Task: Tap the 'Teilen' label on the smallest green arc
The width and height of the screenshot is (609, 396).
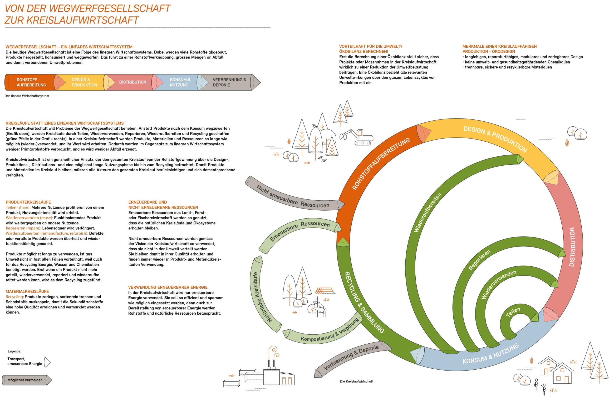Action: (513, 312)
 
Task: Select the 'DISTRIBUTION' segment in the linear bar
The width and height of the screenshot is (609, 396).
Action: (133, 82)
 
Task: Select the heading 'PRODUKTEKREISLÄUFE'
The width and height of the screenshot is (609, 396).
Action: (28, 202)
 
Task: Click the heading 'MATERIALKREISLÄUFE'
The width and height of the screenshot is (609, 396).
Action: (27, 291)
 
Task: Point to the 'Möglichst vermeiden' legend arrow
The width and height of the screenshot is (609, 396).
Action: (27, 380)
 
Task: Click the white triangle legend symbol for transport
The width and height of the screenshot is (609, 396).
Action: (47, 362)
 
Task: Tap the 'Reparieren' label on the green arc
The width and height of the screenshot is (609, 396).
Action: (479, 260)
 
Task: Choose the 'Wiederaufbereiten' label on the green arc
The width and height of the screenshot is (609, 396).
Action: (427, 213)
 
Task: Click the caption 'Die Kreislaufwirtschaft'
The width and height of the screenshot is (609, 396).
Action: (356, 381)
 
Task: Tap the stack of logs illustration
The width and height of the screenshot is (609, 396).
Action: (324, 291)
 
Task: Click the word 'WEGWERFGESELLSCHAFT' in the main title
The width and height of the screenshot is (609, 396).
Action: (109, 8)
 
